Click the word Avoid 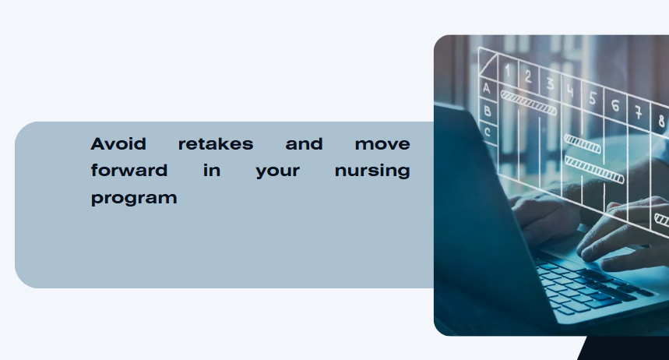pyautogui.click(x=118, y=144)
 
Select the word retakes pyautogui.click(x=216, y=144)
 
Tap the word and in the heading pyautogui.click(x=304, y=144)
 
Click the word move pyautogui.click(x=382, y=144)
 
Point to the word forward pyautogui.click(x=129, y=171)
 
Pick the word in pyautogui.click(x=212, y=171)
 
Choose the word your pyautogui.click(x=278, y=171)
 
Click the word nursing pyautogui.click(x=372, y=171)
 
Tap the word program pyautogui.click(x=134, y=199)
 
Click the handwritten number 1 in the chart pyautogui.click(x=508, y=71)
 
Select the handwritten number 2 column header pyautogui.click(x=528, y=77)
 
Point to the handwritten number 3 pyautogui.click(x=551, y=83)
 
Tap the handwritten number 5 pyautogui.click(x=593, y=98)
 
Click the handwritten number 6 pyautogui.click(x=615, y=105)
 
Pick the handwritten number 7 pyautogui.click(x=638, y=113)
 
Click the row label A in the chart pyautogui.click(x=487, y=88)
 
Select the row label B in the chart pyautogui.click(x=488, y=111)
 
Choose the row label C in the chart pyautogui.click(x=488, y=132)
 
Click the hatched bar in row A pyautogui.click(x=529, y=103)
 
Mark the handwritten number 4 pyautogui.click(x=570, y=91)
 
